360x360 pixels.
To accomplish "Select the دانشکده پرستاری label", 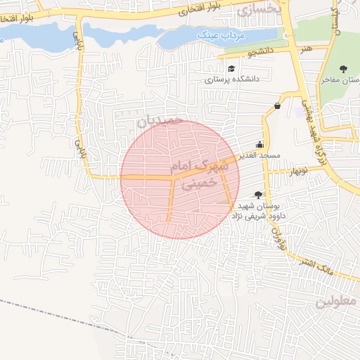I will pos(232,79).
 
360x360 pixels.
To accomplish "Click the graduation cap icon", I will pos(231,69).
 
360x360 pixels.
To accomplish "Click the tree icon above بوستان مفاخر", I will pos(342,69).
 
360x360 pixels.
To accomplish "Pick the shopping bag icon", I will pos(278,106).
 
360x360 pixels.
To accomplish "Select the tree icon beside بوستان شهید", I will pos(258,194).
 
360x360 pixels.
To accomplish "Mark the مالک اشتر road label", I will pos(324,267).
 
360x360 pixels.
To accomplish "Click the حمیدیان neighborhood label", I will pos(160,121).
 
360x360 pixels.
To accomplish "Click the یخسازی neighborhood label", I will pos(259,10).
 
